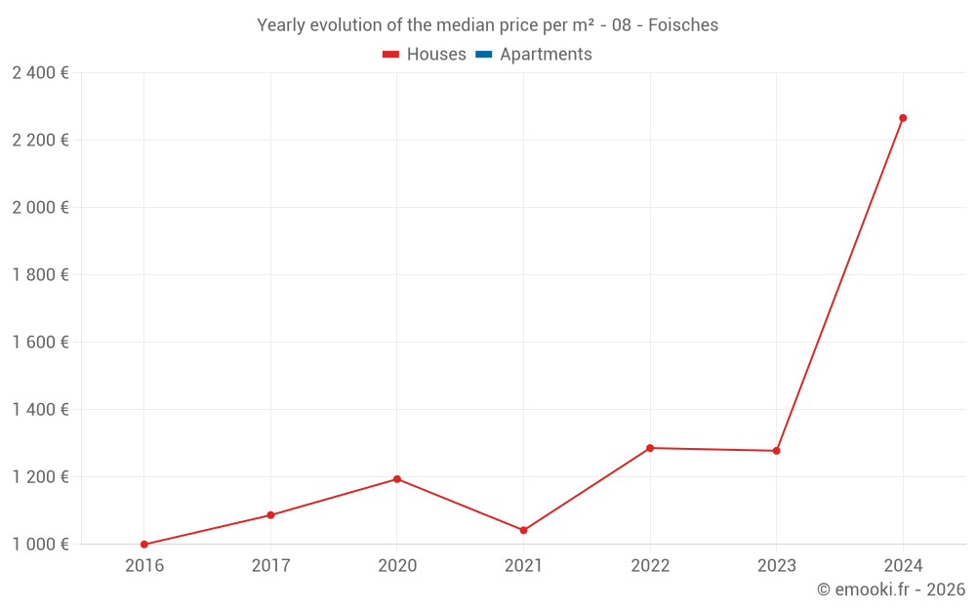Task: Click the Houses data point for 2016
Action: coord(144,545)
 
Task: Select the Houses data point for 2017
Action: coord(270,515)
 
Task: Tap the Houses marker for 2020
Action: coord(397,479)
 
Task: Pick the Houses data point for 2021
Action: coord(523,530)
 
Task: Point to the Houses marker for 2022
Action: coord(650,448)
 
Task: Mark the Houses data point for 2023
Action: coord(776,451)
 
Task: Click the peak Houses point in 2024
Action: coord(903,118)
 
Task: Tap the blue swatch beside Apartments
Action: coord(484,55)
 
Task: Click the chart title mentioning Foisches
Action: coord(487,25)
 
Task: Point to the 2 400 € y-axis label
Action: coord(40,73)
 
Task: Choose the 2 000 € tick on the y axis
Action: coord(40,208)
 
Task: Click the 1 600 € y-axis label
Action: coord(40,343)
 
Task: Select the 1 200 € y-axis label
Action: coord(40,477)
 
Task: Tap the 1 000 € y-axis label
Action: coord(40,545)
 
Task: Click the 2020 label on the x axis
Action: coord(397,566)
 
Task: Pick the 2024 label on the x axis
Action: coord(903,566)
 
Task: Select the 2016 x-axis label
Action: coord(144,566)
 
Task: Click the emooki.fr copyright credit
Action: coord(891,590)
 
